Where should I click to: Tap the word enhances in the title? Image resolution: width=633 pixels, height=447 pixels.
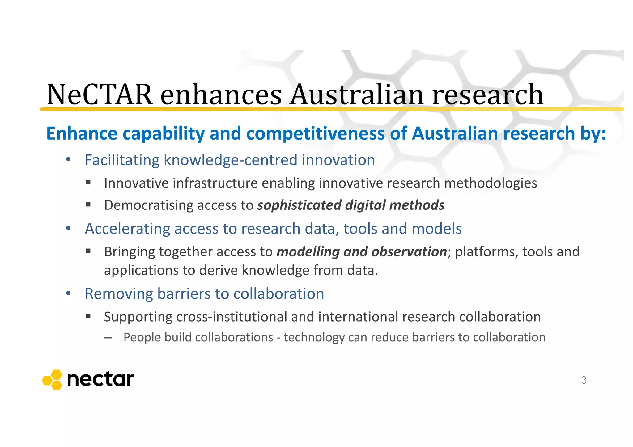coord(221,95)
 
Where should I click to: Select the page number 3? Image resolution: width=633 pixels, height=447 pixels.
coord(584,380)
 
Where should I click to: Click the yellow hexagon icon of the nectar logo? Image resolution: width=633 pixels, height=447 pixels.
coord(52,380)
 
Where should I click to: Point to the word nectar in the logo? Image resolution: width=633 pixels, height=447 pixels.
coord(100,379)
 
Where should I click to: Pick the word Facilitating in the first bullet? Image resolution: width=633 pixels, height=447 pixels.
coord(122,160)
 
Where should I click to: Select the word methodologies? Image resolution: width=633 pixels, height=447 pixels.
coord(491,183)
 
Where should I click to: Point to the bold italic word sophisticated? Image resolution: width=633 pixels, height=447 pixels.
coord(299,205)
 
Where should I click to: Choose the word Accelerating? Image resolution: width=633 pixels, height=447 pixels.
coord(127,229)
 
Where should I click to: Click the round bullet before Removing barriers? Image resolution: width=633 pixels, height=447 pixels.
coord(68,293)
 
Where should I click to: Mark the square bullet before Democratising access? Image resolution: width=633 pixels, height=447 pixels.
coord(88,205)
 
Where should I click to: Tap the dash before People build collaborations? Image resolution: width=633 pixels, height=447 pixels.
coord(108,338)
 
